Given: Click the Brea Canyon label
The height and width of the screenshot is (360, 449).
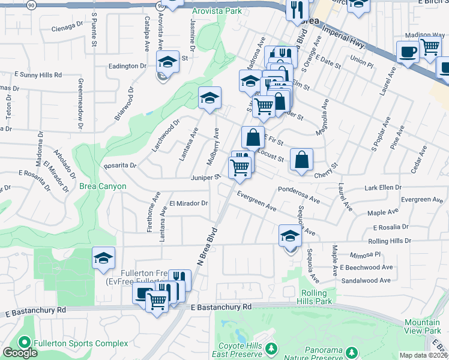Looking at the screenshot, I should click(x=103, y=186).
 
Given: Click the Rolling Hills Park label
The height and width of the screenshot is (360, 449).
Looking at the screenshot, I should click(x=315, y=297).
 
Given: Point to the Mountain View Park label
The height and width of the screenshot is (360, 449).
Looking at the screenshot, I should click(x=422, y=326).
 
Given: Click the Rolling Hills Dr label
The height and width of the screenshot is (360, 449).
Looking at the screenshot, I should click(x=390, y=241).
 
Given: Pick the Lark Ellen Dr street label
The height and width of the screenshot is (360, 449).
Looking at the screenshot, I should click(x=383, y=188).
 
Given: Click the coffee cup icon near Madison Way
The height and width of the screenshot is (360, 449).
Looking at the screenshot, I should click(x=408, y=52).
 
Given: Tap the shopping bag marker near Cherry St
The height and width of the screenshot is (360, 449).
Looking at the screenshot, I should click(x=301, y=160).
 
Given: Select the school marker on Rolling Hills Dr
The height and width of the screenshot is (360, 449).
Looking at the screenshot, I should click(x=290, y=236).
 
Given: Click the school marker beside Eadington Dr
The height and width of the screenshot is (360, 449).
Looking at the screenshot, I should click(x=168, y=62).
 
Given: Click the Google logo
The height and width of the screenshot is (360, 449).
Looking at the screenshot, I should click(x=20, y=353).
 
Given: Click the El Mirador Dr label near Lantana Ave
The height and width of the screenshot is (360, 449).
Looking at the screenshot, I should click(x=188, y=203).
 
